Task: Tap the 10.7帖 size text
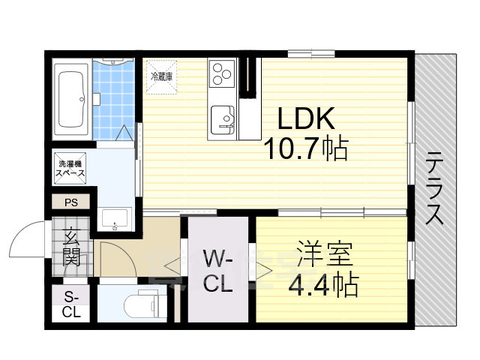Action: (304, 151)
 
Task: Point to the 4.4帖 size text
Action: (322, 284)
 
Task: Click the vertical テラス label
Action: (434, 188)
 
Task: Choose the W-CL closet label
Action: (217, 273)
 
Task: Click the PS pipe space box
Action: (71, 201)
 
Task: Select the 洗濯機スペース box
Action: (70, 166)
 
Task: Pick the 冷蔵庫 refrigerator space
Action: (161, 76)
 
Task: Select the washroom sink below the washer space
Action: (116, 218)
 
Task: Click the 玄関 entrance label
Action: (72, 248)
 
